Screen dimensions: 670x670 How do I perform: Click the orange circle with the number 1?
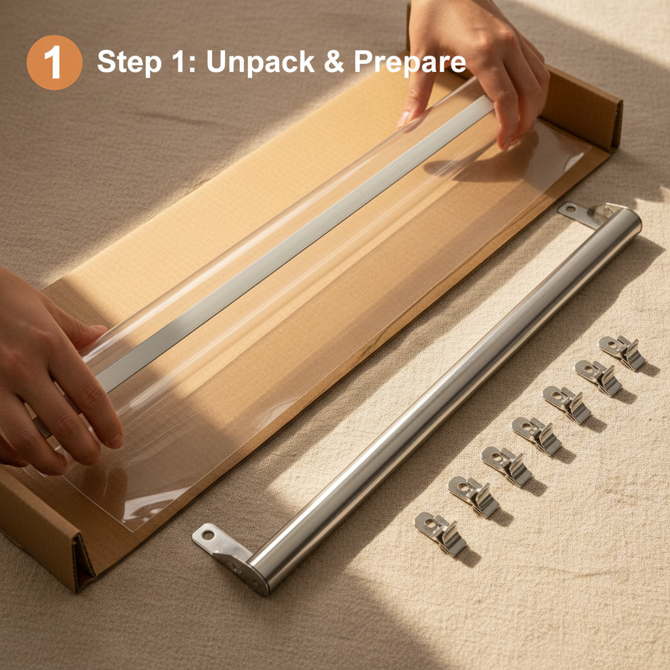coord(54,62)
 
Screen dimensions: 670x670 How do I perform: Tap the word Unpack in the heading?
coord(260,62)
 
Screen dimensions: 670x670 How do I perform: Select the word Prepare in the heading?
coord(410,62)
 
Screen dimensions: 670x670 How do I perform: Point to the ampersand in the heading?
coord(334,62)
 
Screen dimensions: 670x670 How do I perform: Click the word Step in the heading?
coord(129,62)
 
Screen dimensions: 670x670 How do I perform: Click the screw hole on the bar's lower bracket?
coord(207,535)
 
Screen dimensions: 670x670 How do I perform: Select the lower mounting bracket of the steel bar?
coord(226,554)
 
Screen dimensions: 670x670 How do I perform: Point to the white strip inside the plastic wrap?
coord(295,244)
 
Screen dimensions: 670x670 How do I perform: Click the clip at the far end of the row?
coord(622,351)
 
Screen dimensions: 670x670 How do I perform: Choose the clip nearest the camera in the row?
coord(440,533)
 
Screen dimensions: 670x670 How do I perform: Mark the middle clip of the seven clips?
coord(537,435)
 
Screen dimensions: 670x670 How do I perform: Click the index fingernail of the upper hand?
coord(403,119)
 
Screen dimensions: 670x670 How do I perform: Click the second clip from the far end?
coord(598,378)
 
